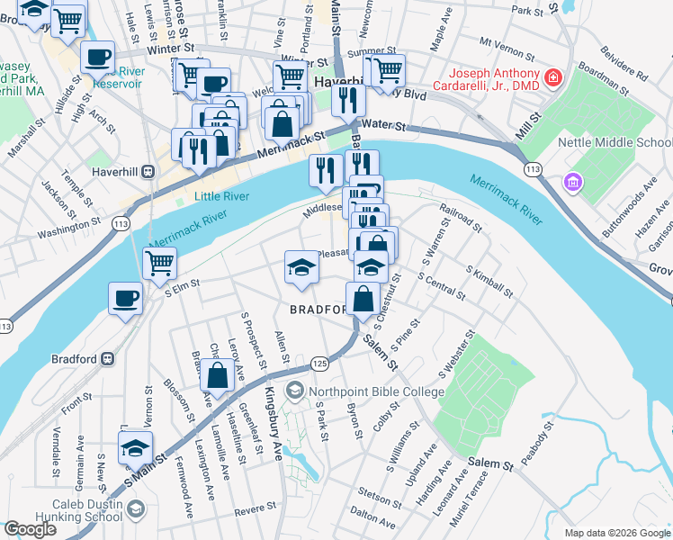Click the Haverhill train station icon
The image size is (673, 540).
(x=148, y=171)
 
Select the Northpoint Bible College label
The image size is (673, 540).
(x=376, y=391)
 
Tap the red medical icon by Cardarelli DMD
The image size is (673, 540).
(x=552, y=77)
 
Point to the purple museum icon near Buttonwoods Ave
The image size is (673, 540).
(x=570, y=184)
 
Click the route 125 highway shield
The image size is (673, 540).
(x=319, y=361)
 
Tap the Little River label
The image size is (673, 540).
(x=220, y=194)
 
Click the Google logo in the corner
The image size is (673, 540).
(x=30, y=529)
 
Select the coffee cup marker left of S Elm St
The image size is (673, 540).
(x=125, y=297)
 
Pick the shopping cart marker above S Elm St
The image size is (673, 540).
(x=159, y=263)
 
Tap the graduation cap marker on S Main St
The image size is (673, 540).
(x=135, y=447)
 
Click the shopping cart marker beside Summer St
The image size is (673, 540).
(x=389, y=68)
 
